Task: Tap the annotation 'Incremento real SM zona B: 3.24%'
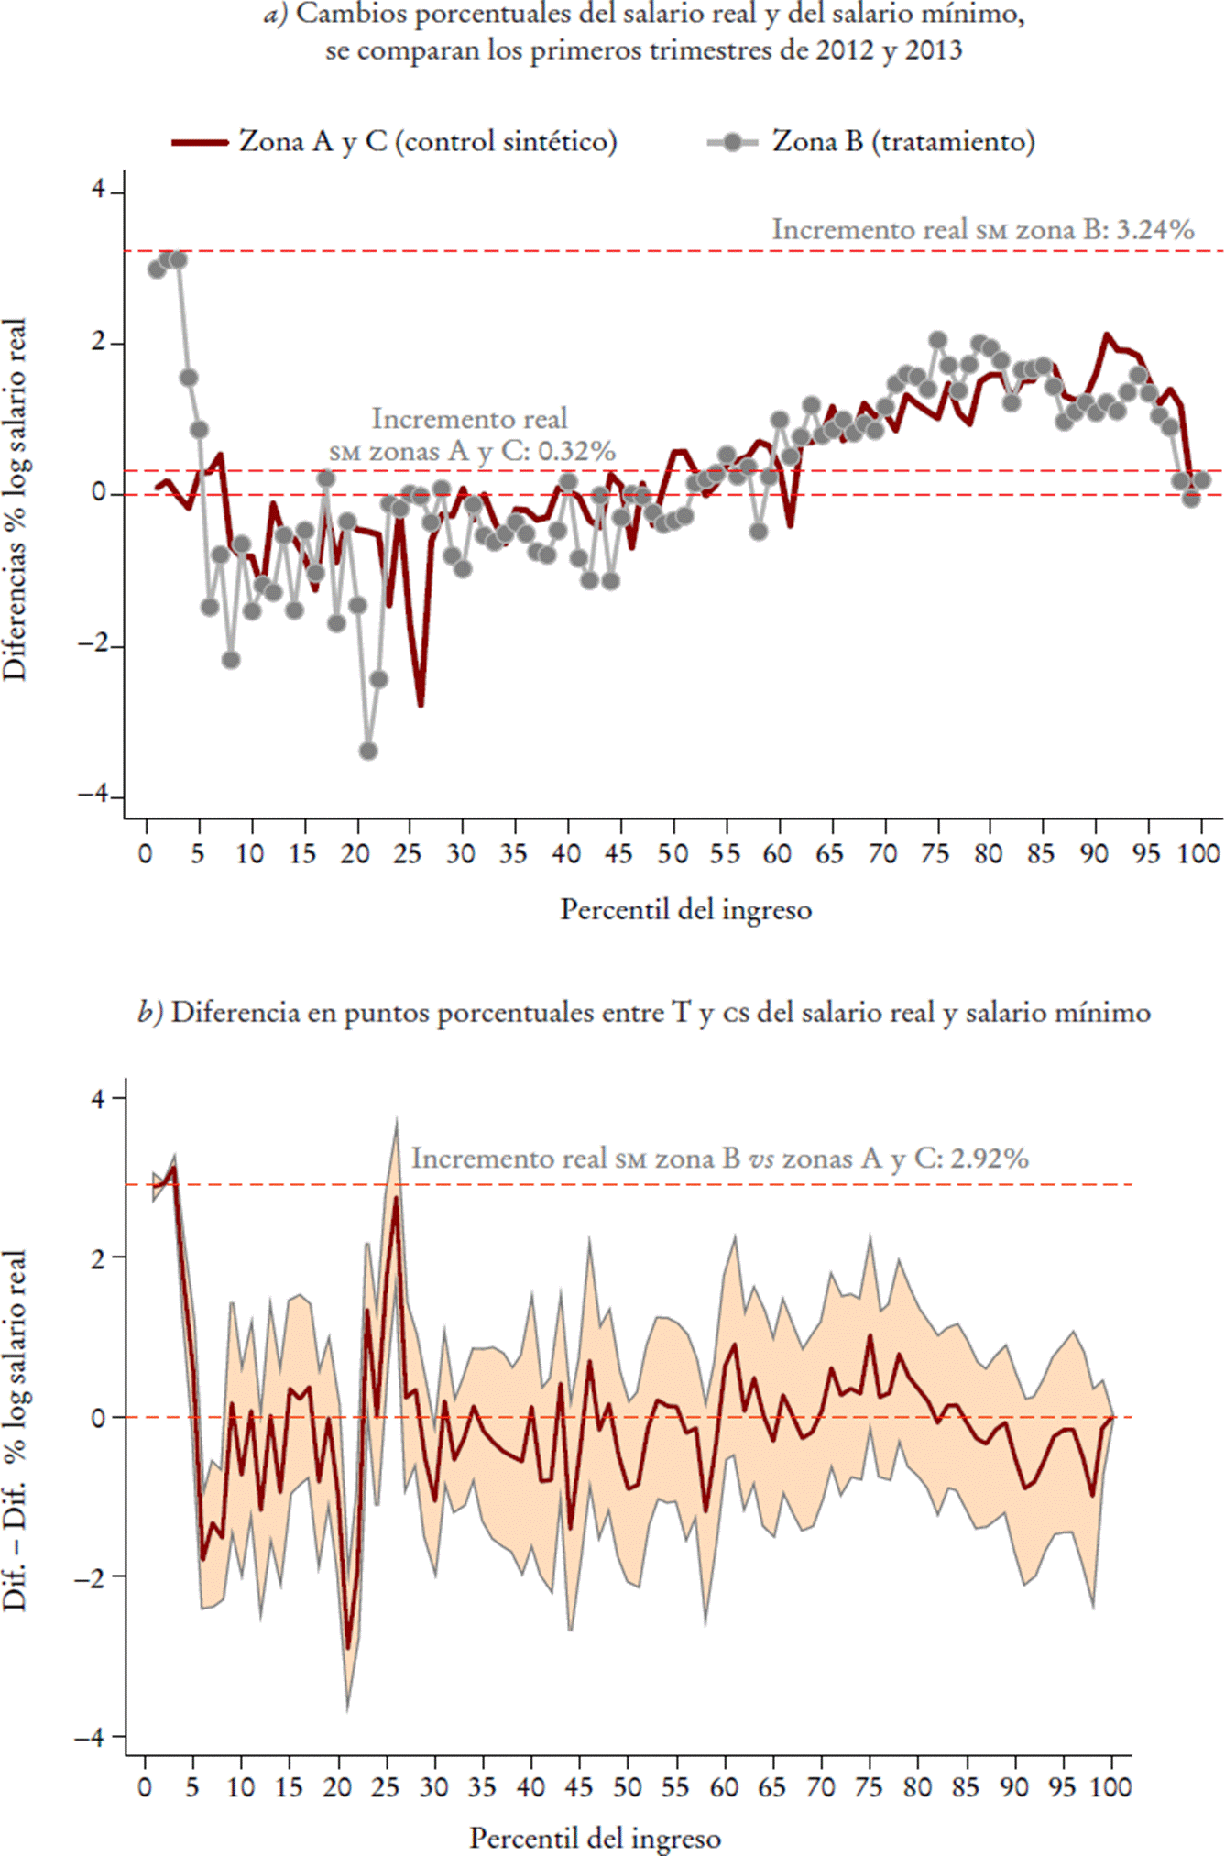pyautogui.click(x=982, y=229)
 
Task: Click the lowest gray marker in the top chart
pyautogui.click(x=368, y=751)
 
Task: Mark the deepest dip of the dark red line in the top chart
pyautogui.click(x=421, y=704)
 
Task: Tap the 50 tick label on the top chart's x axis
pyautogui.click(x=672, y=854)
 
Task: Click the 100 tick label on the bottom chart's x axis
pyautogui.click(x=1111, y=1787)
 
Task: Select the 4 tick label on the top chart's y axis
pyautogui.click(x=98, y=192)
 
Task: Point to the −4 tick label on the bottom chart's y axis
pyautogui.click(x=91, y=1736)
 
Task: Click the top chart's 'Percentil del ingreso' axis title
pyautogui.click(x=685, y=910)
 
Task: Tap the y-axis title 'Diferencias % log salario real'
pyautogui.click(x=16, y=500)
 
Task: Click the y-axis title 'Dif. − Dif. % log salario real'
pyautogui.click(x=16, y=1431)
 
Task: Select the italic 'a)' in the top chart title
pyautogui.click(x=276, y=15)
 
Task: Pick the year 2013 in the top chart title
pyautogui.click(x=934, y=49)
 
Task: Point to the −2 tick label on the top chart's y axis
pyautogui.click(x=91, y=645)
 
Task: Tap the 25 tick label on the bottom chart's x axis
pyautogui.click(x=386, y=1787)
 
